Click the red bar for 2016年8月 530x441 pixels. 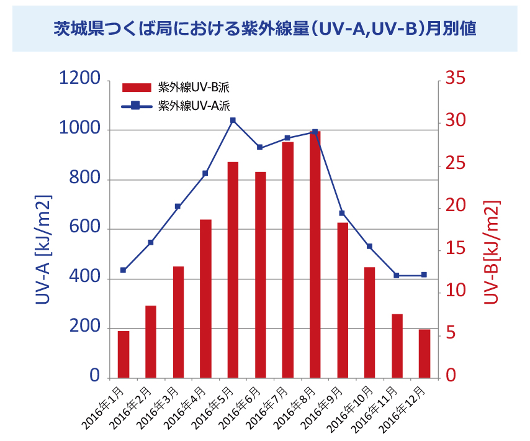coord(315,255)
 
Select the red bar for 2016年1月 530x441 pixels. coord(124,354)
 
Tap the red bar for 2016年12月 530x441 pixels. coord(424,353)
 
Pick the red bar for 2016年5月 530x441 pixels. coord(233,270)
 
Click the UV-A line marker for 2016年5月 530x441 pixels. coord(233,120)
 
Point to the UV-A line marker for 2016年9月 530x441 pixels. coord(342,213)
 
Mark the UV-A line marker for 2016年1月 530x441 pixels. coord(124,270)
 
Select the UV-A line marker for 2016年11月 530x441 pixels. coord(397,275)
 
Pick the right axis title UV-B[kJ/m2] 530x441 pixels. coord(491,252)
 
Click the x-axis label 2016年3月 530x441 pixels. coord(157,407)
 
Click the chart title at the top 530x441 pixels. coord(264,29)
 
